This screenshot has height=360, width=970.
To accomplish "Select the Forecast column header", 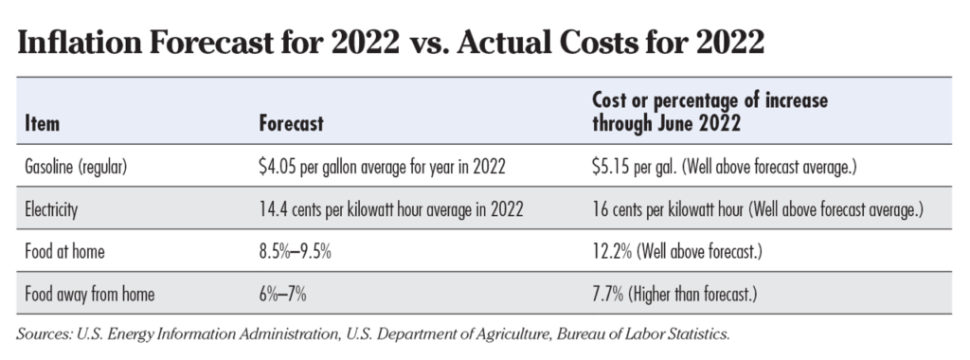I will pyautogui.click(x=291, y=124).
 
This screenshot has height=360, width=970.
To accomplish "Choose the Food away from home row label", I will pyautogui.click(x=89, y=295).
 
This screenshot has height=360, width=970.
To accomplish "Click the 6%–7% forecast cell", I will pyautogui.click(x=282, y=295).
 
